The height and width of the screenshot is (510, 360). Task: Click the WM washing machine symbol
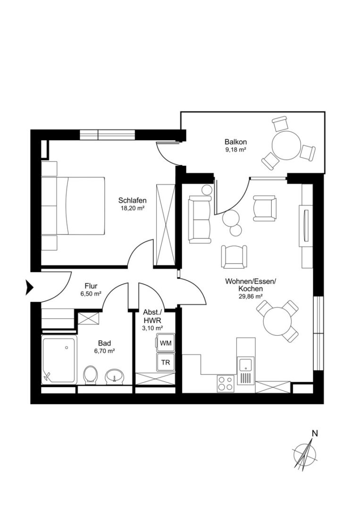point(166,343)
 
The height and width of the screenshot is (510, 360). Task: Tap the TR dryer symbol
point(166,362)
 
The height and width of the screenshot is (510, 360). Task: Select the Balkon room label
point(236,142)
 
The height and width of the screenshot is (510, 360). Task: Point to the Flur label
point(91,286)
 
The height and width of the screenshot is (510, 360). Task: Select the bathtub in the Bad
point(59,360)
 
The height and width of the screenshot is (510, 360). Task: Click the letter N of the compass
point(315,433)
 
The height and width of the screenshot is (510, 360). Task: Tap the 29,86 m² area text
point(250,297)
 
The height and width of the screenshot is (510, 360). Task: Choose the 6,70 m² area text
point(105,351)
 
